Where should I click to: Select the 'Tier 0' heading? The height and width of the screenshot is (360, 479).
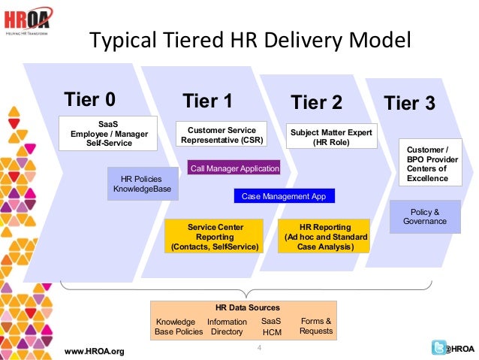[90, 99]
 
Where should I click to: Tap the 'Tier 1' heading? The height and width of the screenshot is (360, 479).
[207, 101]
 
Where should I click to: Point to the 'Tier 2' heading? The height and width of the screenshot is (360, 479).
[316, 101]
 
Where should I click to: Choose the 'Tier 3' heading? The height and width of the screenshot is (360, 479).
[409, 103]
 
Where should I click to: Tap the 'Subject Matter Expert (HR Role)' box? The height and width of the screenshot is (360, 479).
[331, 137]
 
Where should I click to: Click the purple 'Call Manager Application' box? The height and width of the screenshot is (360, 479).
[234, 168]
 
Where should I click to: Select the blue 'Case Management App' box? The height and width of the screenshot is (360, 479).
[284, 196]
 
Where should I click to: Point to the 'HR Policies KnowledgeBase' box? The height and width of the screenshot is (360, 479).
[142, 183]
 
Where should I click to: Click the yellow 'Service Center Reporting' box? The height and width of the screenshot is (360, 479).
[215, 236]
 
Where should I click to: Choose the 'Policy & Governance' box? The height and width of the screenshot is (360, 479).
[425, 216]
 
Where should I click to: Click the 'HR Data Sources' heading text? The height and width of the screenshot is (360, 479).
[247, 307]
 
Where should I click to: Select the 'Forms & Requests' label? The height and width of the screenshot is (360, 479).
[316, 326]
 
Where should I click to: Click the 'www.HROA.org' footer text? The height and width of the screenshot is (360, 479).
[95, 351]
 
